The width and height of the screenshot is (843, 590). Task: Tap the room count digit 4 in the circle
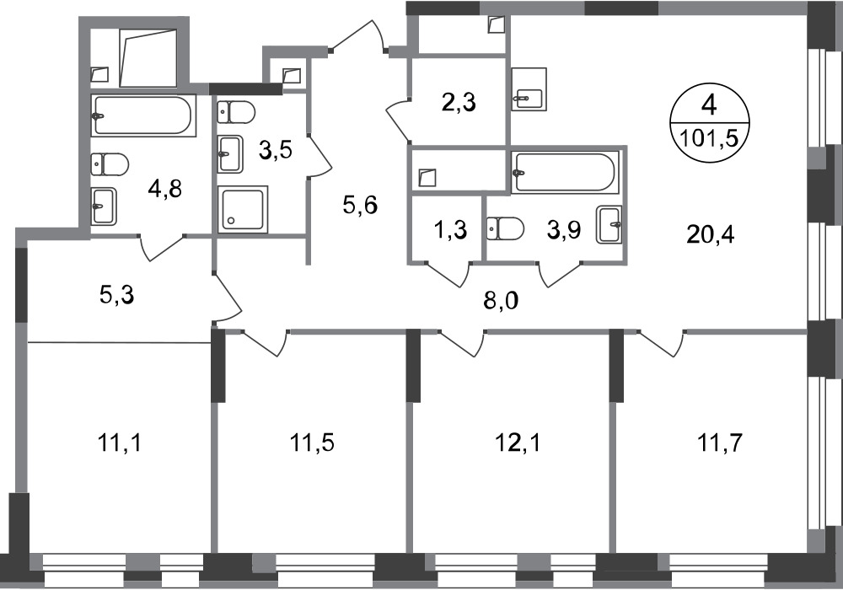(709, 106)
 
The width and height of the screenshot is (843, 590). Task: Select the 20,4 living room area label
(710, 234)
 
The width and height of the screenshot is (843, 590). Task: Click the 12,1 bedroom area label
(518, 444)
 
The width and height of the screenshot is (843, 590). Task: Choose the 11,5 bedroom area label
(313, 444)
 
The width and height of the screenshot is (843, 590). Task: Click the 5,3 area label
(116, 295)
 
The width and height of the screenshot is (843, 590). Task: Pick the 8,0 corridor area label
(501, 302)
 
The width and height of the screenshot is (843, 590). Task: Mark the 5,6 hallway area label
(361, 205)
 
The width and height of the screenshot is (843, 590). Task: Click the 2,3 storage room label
(459, 102)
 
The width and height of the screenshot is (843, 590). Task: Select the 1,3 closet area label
(450, 230)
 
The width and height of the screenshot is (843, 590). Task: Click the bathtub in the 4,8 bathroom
(142, 115)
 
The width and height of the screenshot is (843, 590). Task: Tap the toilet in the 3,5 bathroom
(236, 112)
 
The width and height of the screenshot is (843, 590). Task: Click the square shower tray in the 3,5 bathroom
(243, 209)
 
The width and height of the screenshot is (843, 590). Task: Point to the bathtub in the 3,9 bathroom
(565, 172)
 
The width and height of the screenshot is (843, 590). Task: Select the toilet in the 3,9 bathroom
(505, 228)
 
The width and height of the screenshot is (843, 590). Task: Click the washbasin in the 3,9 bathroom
(609, 224)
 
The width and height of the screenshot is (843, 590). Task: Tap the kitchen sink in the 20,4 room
(529, 89)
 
